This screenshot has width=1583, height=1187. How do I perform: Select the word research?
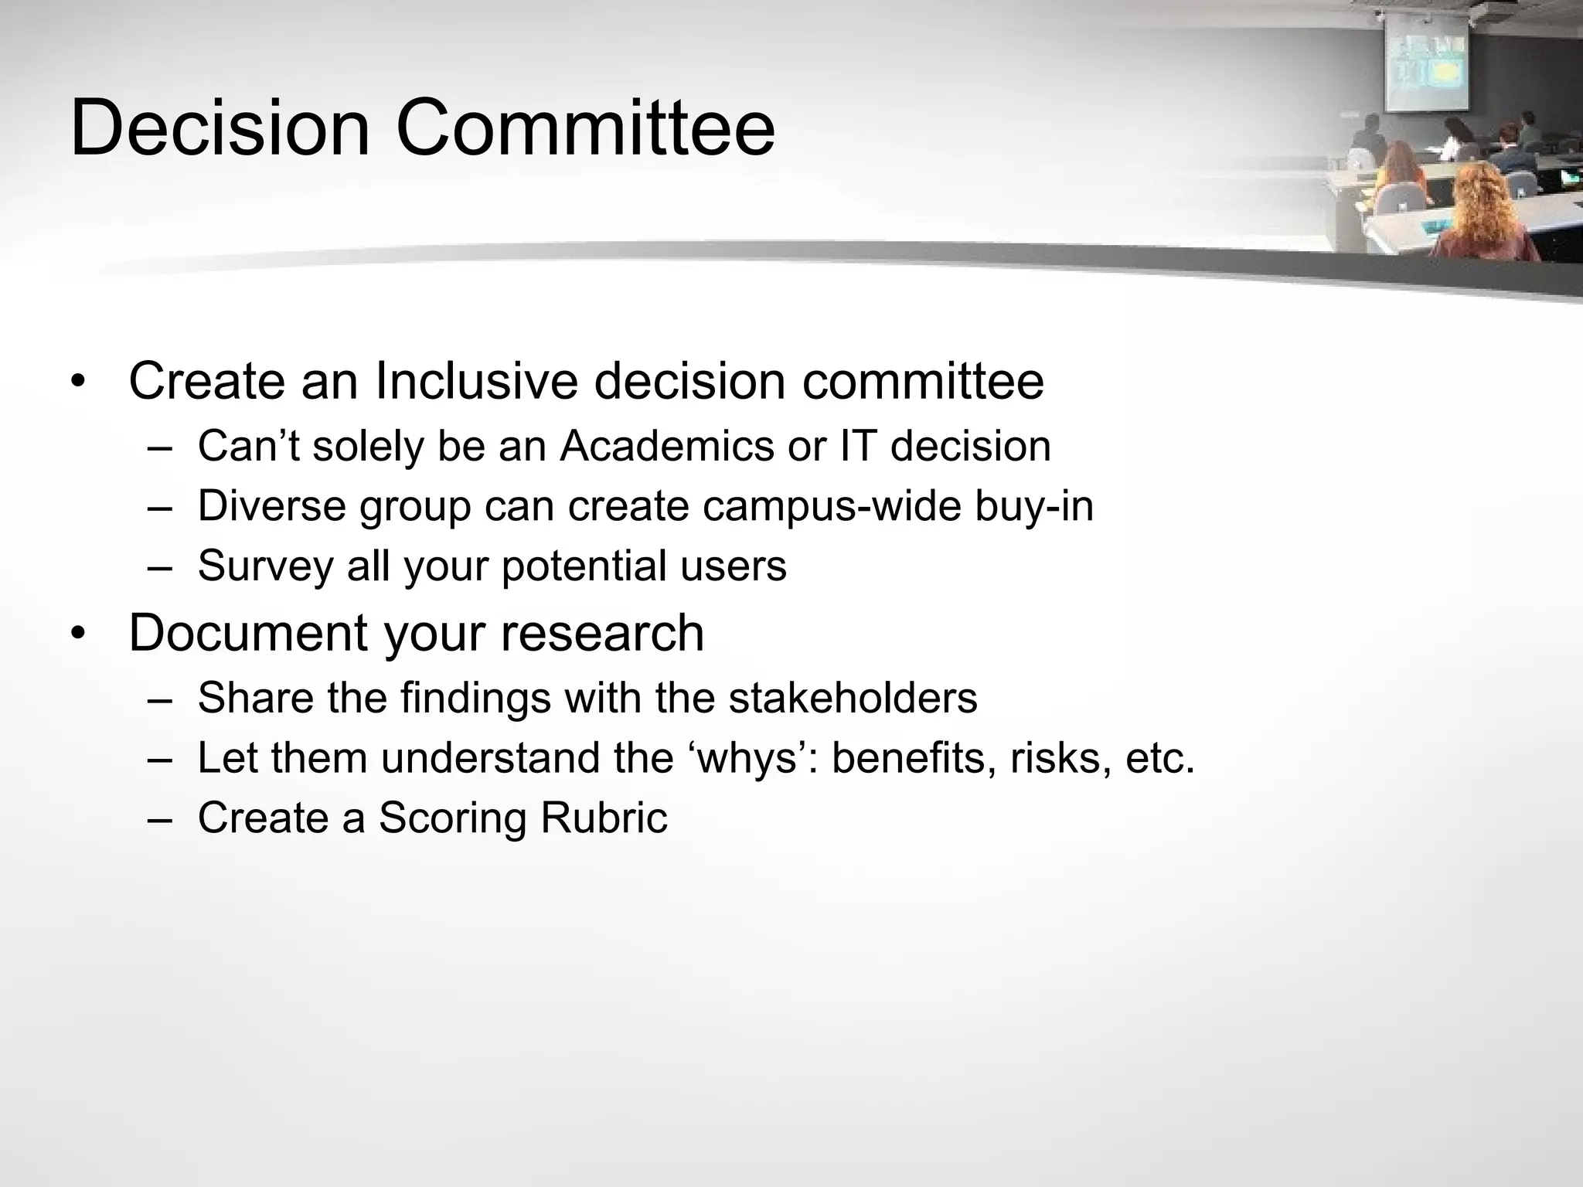(x=602, y=633)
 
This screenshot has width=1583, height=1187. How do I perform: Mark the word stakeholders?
(x=853, y=697)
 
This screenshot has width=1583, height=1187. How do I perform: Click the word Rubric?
(x=604, y=817)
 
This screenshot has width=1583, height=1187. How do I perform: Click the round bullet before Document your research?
(x=77, y=634)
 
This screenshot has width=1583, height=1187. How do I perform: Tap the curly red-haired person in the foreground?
(x=1480, y=213)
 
